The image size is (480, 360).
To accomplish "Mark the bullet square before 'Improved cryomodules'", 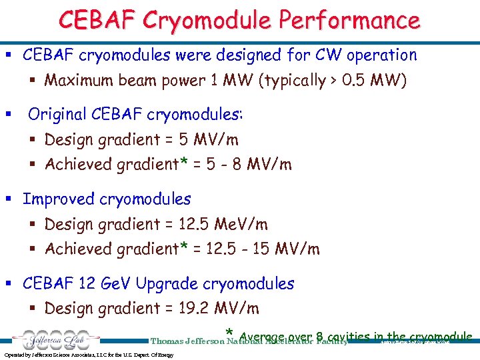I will click(9, 199).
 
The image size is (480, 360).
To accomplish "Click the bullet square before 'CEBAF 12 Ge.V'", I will click(9, 283).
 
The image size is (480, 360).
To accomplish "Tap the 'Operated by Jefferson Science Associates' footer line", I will click(89, 355).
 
